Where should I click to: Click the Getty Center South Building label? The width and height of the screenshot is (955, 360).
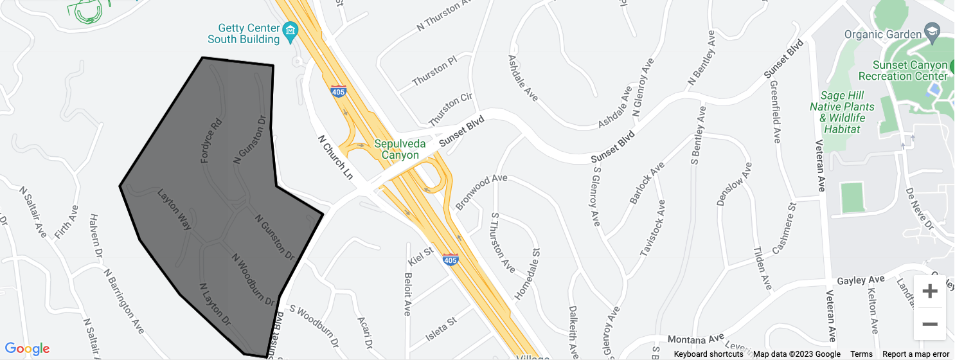249,33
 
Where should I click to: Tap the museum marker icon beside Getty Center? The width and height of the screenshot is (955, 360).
290,30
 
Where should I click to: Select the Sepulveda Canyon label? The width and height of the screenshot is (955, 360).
400,149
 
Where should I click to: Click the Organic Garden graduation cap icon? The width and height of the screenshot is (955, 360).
932,32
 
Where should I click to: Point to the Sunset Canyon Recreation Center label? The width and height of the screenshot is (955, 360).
911,71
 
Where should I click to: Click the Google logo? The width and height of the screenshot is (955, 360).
27,349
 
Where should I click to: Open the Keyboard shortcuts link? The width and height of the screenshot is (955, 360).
708,354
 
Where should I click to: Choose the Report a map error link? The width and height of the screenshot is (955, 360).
916,354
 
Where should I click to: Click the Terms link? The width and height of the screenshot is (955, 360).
861,354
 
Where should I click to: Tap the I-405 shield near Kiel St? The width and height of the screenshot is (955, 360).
451,260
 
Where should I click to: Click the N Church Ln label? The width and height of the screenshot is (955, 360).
335,157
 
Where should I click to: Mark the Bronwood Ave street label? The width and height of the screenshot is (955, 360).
481,191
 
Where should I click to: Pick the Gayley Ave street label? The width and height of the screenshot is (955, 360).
861,280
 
